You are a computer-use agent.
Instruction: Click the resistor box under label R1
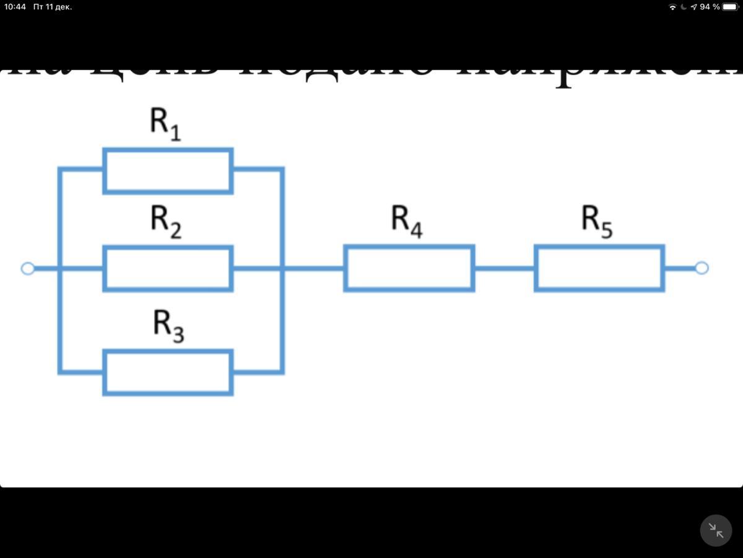pos(168,170)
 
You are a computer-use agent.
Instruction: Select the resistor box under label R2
pos(168,268)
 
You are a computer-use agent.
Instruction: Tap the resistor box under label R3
pos(168,372)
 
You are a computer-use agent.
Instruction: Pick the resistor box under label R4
pos(409,268)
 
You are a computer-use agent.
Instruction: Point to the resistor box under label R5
pos(599,268)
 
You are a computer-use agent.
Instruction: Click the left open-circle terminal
pos(27,268)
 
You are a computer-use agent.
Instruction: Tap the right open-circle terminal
pos(702,268)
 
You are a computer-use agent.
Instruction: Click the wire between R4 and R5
pos(504,268)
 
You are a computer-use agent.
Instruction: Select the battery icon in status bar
pos(730,7)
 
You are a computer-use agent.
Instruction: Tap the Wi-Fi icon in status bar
pos(672,7)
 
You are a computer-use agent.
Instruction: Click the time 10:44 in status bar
pos(15,7)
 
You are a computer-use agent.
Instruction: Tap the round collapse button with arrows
pos(716,531)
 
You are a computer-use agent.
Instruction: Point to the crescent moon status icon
pos(684,7)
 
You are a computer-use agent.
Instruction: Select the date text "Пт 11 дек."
pos(53,7)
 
